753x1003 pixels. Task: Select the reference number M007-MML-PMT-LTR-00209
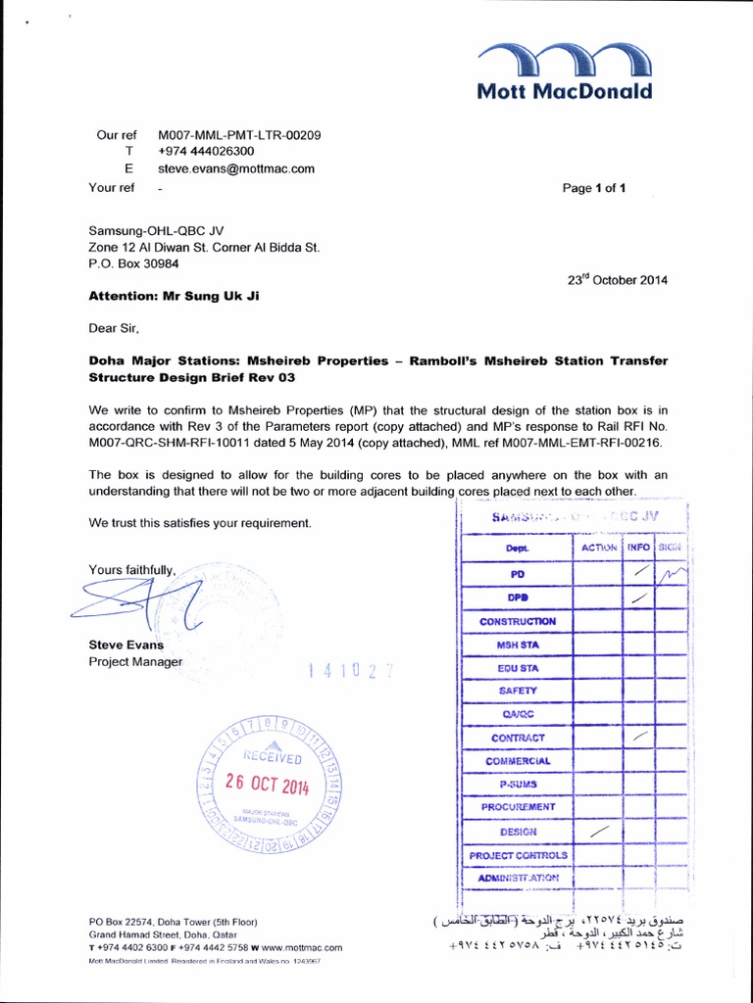(x=239, y=134)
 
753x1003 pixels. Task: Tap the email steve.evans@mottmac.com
(x=236, y=168)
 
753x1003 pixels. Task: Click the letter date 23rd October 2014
(x=618, y=279)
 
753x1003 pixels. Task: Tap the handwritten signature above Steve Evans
(x=132, y=604)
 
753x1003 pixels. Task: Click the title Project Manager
(x=135, y=662)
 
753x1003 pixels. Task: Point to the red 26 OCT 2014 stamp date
(x=267, y=784)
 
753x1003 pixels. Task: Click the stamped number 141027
(x=350, y=671)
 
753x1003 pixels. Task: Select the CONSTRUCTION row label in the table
(x=517, y=621)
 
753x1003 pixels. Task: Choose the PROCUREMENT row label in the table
(x=518, y=806)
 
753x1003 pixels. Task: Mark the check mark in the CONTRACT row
(x=639, y=736)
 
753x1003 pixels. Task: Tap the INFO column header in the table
(x=638, y=548)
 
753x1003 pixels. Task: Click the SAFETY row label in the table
(x=518, y=691)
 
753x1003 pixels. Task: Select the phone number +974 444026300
(x=206, y=152)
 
